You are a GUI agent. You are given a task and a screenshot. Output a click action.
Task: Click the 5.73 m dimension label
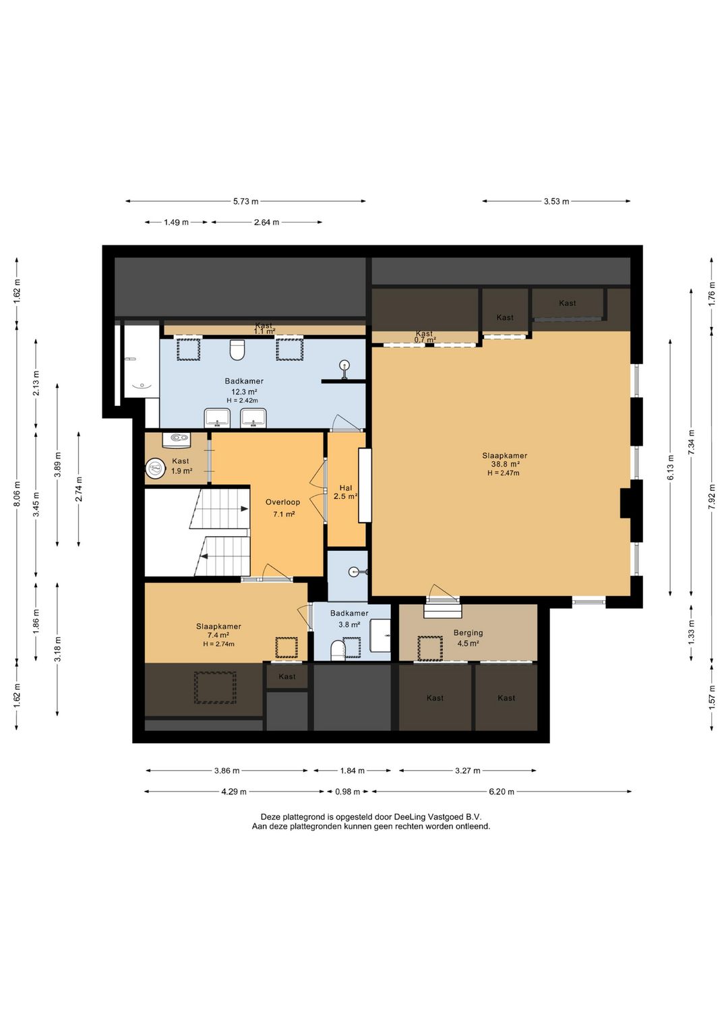(246, 201)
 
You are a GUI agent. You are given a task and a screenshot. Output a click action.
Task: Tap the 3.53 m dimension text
(556, 201)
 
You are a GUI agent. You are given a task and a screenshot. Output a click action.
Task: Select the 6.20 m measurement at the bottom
(501, 792)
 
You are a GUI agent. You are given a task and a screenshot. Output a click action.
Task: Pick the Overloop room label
(282, 502)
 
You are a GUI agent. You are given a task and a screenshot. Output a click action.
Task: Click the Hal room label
(345, 488)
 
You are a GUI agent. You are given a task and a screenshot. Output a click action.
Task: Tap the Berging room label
(468, 633)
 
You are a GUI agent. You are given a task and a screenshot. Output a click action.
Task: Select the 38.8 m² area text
(504, 464)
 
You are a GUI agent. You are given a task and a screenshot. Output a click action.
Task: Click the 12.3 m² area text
(244, 392)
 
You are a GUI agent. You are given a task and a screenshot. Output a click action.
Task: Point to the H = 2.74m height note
(218, 643)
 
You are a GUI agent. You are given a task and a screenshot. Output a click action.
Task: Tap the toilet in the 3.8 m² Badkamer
(338, 650)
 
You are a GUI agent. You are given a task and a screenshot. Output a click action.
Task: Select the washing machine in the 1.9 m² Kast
(155, 469)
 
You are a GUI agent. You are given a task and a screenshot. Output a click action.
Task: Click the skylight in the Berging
(429, 648)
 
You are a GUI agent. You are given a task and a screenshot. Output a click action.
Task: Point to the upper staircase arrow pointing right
(244, 508)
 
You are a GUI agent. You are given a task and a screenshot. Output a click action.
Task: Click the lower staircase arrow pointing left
(204, 556)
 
